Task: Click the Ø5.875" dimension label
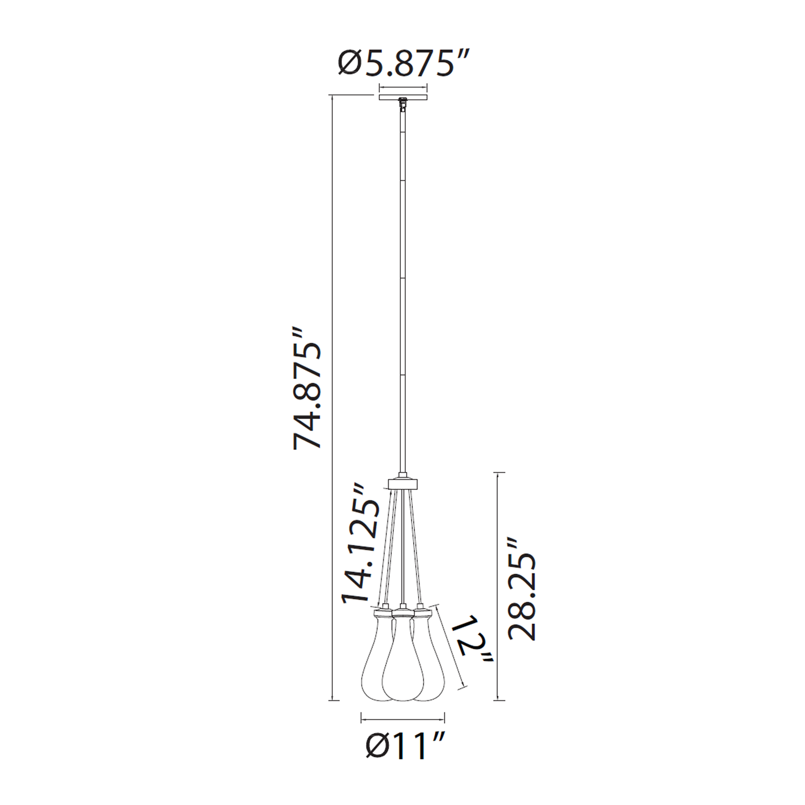pyautogui.click(x=404, y=63)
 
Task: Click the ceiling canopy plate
pyautogui.click(x=403, y=98)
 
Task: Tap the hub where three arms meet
pyautogui.click(x=402, y=482)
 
